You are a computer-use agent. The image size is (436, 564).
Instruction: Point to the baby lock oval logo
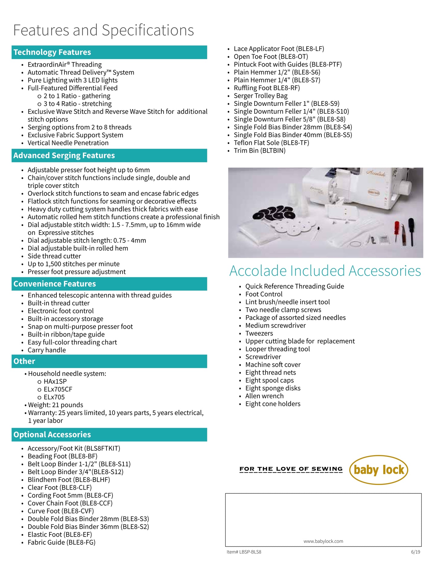coord(378,470)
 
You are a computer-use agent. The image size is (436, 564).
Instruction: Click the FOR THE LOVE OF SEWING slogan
coord(291,469)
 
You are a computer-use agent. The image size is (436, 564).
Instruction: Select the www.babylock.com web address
coord(323,541)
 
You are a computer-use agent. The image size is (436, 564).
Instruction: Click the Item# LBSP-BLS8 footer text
coord(244,552)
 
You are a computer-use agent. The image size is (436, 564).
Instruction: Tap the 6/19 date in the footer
coord(415,552)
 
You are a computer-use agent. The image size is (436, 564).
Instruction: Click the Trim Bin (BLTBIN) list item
coord(259,151)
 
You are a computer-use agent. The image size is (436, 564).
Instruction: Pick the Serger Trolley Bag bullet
coord(261,96)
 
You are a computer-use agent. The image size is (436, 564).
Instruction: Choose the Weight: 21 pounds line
coord(56,405)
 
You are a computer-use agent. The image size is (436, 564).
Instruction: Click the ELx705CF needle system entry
coord(58,389)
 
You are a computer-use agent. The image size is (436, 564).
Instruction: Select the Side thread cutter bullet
coord(54,256)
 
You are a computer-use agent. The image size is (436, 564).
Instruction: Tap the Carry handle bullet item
coord(47,350)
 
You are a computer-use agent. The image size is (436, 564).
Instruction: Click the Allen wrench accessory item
coord(264,396)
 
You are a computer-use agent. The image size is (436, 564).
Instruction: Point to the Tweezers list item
coord(259,334)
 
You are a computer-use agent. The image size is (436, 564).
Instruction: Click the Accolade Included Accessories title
coord(325,271)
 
